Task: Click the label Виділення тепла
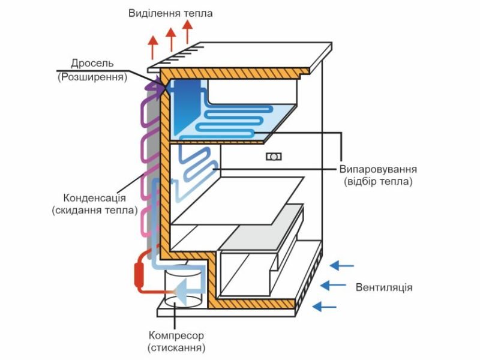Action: click(170, 13)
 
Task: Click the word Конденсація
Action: click(94, 198)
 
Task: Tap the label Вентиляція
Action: click(384, 287)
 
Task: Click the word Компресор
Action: click(176, 335)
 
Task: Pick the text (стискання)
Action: click(176, 348)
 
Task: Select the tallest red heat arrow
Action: click(187, 32)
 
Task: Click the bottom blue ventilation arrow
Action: click(326, 306)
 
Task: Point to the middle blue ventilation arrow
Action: click(334, 286)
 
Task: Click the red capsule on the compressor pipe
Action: click(140, 274)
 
